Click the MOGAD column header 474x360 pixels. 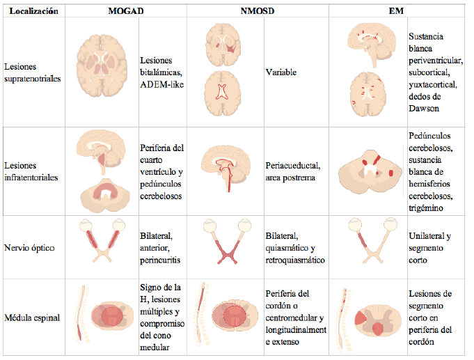click(x=126, y=11)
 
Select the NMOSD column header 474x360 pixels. click(x=258, y=11)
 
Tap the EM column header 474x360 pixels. click(x=396, y=11)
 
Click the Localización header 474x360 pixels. click(x=33, y=11)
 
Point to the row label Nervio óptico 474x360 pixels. click(x=29, y=248)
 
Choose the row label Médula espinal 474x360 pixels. click(x=32, y=318)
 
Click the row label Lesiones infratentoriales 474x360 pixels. click(x=31, y=171)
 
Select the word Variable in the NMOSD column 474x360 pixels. click(x=281, y=72)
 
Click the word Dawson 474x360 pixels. click(x=424, y=109)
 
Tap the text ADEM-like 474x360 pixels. click(x=161, y=84)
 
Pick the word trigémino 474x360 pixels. click(x=426, y=208)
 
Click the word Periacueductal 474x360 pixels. click(x=292, y=166)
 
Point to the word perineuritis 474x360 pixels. click(x=160, y=260)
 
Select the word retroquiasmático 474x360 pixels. click(x=295, y=260)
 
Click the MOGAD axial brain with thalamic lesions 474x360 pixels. click(x=102, y=65)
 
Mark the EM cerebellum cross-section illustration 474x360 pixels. click(x=370, y=172)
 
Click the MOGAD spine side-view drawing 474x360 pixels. click(x=81, y=314)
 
